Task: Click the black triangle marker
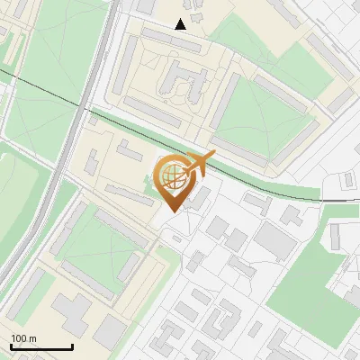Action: (x=181, y=24)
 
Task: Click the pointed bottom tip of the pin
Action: (x=172, y=211)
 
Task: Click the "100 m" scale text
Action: (x=23, y=338)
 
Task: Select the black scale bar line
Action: (x=41, y=346)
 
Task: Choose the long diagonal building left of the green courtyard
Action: (x=224, y=99)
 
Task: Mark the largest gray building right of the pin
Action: (x=275, y=238)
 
